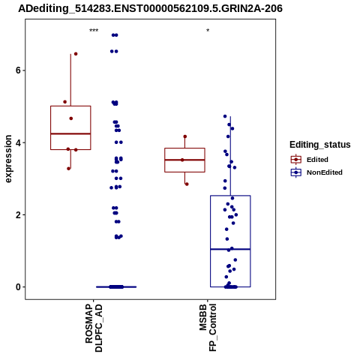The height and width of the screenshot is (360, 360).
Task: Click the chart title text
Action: click(150, 8)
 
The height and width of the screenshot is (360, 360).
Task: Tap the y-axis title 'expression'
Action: click(8, 159)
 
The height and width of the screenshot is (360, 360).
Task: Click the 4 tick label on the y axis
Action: click(18, 142)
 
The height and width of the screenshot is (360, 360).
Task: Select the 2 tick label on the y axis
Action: click(18, 214)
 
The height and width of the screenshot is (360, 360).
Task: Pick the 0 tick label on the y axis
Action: click(18, 287)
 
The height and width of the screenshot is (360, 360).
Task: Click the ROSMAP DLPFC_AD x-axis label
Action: click(94, 328)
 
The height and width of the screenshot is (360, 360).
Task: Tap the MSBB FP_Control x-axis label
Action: click(208, 328)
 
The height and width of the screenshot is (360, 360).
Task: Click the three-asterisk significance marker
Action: click(94, 31)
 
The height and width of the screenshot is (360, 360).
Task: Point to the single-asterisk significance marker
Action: click(208, 31)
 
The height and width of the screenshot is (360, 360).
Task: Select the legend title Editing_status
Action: click(320, 145)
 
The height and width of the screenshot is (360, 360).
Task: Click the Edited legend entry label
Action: click(317, 160)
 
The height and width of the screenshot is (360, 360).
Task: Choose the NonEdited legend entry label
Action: click(325, 172)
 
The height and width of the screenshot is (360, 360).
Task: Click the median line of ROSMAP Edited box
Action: click(70, 133)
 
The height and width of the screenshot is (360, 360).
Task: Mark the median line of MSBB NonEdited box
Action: click(230, 249)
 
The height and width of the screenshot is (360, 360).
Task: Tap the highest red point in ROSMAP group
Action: click(76, 54)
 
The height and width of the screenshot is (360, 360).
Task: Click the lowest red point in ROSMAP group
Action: click(68, 169)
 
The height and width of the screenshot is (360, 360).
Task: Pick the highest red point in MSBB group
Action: click(185, 136)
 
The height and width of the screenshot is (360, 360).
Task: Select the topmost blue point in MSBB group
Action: click(225, 116)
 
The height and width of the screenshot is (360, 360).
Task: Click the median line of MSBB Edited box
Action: click(184, 160)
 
